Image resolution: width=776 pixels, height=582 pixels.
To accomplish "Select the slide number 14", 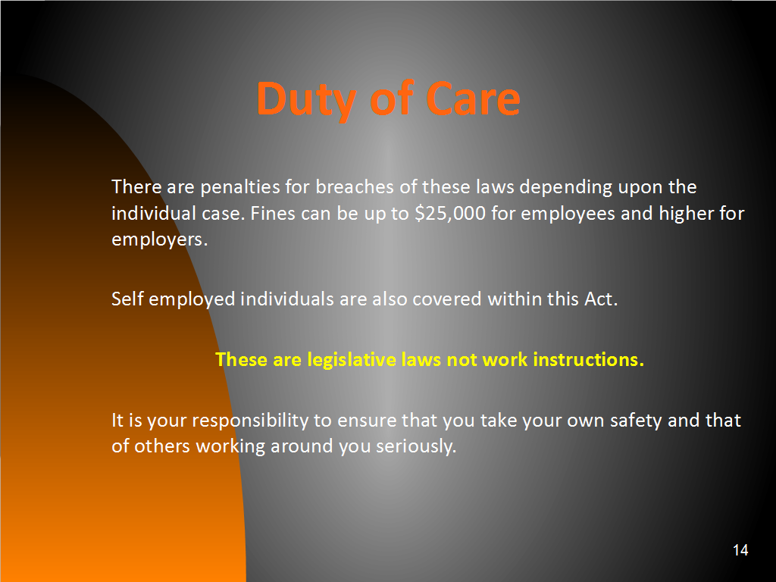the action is tap(740, 550).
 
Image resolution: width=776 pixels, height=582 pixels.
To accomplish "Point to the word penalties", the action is tap(240, 188).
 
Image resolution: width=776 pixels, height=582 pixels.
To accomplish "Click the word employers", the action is tap(159, 240).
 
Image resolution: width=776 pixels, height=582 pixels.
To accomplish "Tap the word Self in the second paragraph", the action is tap(127, 299).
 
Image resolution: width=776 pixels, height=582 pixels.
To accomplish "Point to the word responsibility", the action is tap(250, 421).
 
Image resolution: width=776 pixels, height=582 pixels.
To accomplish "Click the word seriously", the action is tap(416, 446).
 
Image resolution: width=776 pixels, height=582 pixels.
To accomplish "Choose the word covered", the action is tap(446, 299).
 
